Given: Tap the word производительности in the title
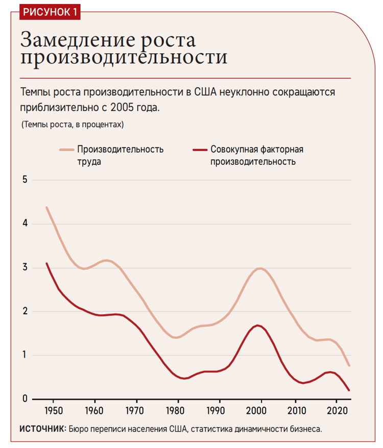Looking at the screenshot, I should [x=124, y=57].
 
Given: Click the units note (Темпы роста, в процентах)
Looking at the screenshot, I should [x=73, y=125].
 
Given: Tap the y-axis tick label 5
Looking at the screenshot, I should [x=24, y=180].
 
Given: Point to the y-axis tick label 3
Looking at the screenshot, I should [x=24, y=268].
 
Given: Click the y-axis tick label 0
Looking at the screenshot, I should [x=24, y=399].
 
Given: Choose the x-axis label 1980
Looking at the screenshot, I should [x=177, y=410].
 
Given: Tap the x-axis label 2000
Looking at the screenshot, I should [x=260, y=410].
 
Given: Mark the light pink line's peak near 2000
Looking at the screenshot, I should [x=260, y=268].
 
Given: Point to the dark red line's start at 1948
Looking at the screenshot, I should [x=46, y=264].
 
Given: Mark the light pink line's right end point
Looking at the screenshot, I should [x=349, y=365].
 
